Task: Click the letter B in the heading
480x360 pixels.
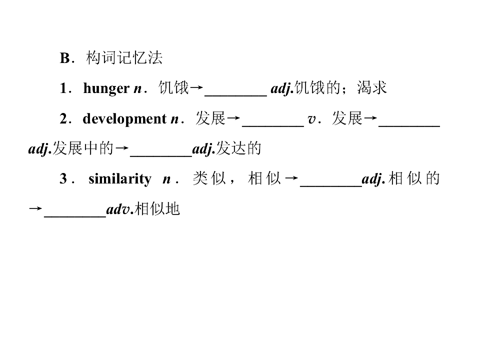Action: coord(64,58)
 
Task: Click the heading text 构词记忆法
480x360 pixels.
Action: coord(124,57)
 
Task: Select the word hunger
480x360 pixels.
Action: coord(106,88)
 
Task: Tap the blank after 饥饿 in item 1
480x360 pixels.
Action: coord(235,95)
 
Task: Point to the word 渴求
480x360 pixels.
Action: coord(371,88)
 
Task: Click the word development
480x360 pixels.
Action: coord(124,119)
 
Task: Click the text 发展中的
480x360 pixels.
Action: coord(82,148)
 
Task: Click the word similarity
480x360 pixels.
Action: coord(120,179)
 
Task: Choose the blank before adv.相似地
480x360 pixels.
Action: coord(75,216)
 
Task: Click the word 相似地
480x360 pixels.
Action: coord(157,209)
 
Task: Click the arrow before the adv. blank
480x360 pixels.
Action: coord(35,209)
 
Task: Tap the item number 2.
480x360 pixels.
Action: coord(63,119)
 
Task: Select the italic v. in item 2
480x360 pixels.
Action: coord(313,119)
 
